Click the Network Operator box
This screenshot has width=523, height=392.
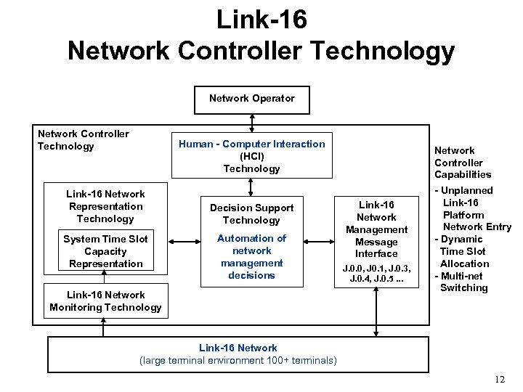tap(251, 99)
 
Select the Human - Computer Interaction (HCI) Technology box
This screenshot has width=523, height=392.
tap(251, 155)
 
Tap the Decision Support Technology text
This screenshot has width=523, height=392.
tap(251, 214)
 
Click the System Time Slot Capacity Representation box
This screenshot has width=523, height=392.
tap(105, 251)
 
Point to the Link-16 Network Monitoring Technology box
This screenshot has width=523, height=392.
tap(105, 301)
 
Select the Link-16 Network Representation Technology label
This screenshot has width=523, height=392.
tap(105, 206)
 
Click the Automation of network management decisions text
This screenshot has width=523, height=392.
tap(251, 257)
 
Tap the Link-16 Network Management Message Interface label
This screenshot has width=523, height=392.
tap(376, 229)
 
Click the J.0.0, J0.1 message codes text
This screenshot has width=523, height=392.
tap(376, 272)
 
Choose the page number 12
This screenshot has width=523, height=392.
tap(499, 380)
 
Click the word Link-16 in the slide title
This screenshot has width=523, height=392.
tap(261, 20)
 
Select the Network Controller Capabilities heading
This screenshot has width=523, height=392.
tap(463, 163)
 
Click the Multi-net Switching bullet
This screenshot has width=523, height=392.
tap(463, 282)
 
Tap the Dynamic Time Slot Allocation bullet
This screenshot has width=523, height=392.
tap(463, 251)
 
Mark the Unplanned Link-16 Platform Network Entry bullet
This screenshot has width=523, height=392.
tap(472, 208)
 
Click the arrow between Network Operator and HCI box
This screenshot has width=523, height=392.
tap(251, 123)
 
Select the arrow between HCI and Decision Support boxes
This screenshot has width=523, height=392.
tap(251, 187)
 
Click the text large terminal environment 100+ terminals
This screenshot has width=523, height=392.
tap(238, 360)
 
